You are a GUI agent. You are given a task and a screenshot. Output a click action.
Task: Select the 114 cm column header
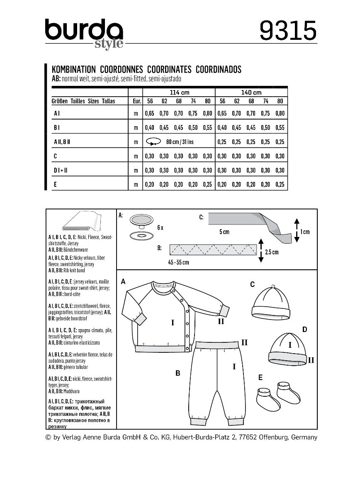click(179, 92)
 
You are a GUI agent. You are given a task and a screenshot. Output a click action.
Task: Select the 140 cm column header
click(251, 92)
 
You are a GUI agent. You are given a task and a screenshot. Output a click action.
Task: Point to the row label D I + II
click(60, 170)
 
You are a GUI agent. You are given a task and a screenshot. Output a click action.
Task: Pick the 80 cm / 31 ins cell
click(180, 142)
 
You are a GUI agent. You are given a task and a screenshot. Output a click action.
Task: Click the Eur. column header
click(135, 101)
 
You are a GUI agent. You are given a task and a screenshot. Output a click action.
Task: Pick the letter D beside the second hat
click(304, 330)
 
